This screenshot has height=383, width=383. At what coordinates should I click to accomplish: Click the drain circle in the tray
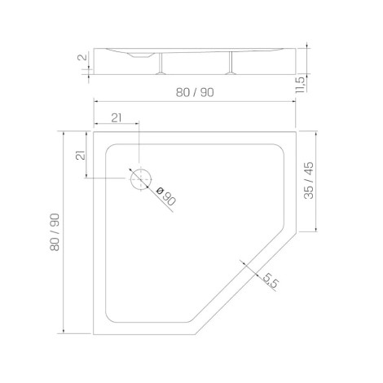130,179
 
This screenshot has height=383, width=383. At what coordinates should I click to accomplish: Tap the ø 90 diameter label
166,196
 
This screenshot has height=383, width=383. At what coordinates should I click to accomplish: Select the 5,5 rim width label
271,280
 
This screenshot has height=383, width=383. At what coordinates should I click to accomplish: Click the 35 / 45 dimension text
309,181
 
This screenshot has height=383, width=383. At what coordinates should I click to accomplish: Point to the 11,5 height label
301,85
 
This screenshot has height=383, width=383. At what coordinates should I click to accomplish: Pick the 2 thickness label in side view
82,57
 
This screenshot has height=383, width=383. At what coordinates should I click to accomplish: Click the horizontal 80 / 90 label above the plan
195,93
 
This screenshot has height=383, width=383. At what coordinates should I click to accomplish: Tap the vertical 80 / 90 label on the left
55,232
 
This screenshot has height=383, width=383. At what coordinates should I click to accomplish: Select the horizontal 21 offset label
117,118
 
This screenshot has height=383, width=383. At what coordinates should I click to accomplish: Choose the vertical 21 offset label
81,155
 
